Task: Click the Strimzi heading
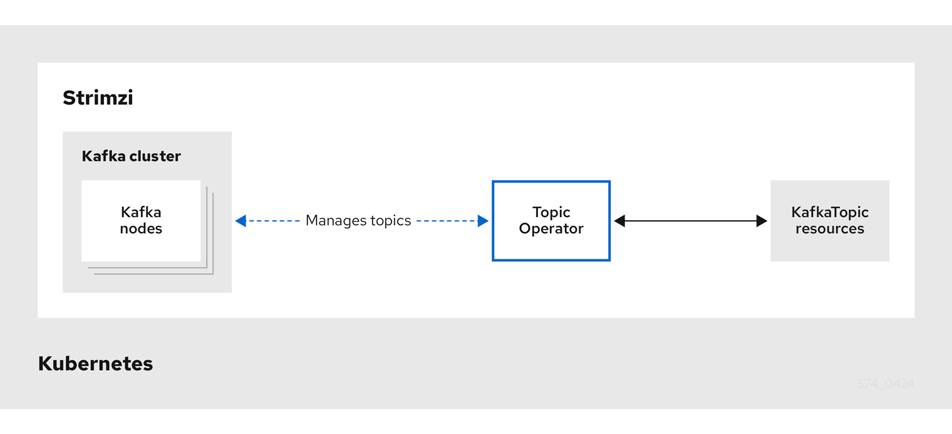[x=98, y=98]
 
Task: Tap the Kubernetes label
[x=95, y=363]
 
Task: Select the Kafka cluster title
[x=131, y=156]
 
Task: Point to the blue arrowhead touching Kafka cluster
[x=241, y=221]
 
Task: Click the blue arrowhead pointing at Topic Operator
[x=483, y=221]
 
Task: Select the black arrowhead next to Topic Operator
[x=619, y=221]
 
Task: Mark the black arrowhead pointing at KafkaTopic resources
[x=762, y=221]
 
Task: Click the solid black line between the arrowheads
[x=690, y=221]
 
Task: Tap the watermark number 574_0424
[x=885, y=384]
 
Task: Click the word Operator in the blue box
[x=551, y=229]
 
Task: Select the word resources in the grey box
[x=829, y=229]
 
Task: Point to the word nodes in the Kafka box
[x=141, y=229]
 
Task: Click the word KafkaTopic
[x=829, y=213]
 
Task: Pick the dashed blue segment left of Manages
[x=273, y=221]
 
